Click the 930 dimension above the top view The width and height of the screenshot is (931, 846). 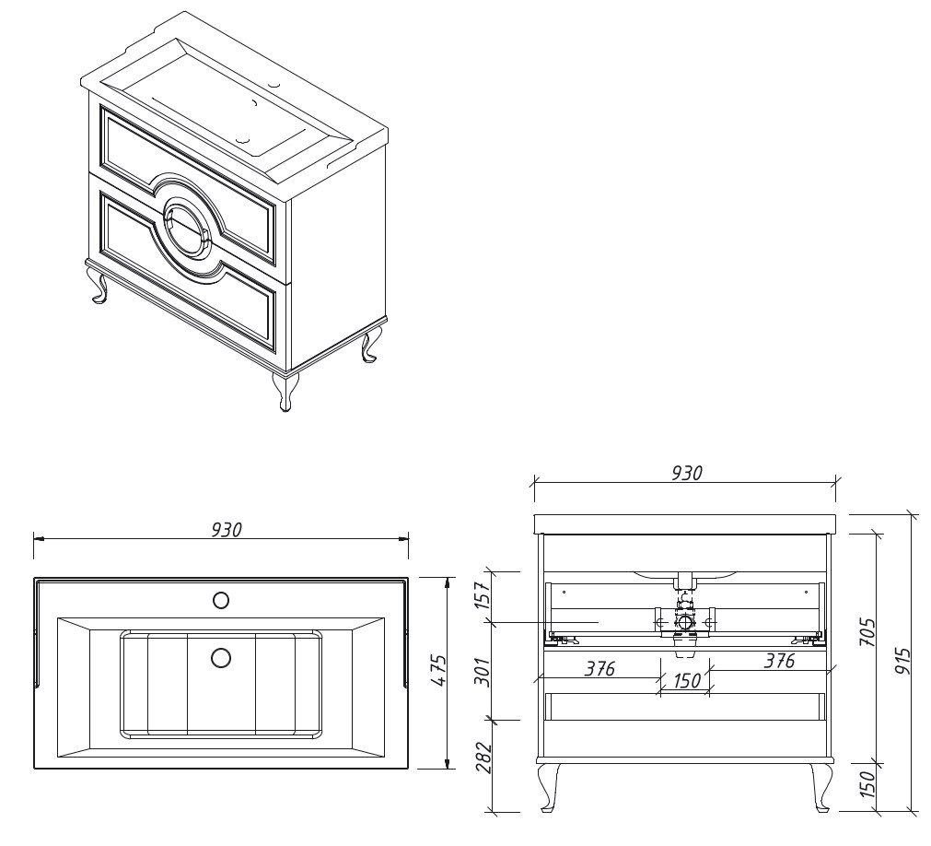227,529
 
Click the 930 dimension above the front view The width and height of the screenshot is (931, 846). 687,473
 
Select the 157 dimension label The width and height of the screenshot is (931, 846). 483,594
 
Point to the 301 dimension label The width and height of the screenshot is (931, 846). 483,671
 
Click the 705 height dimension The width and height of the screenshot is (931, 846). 867,633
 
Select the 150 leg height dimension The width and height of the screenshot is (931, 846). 867,783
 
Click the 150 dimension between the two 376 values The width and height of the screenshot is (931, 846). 686,679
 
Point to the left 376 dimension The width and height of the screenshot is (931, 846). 599,668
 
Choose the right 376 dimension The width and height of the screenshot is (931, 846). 778,660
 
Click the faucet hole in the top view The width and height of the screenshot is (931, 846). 221,601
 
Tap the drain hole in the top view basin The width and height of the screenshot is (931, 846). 221,657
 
